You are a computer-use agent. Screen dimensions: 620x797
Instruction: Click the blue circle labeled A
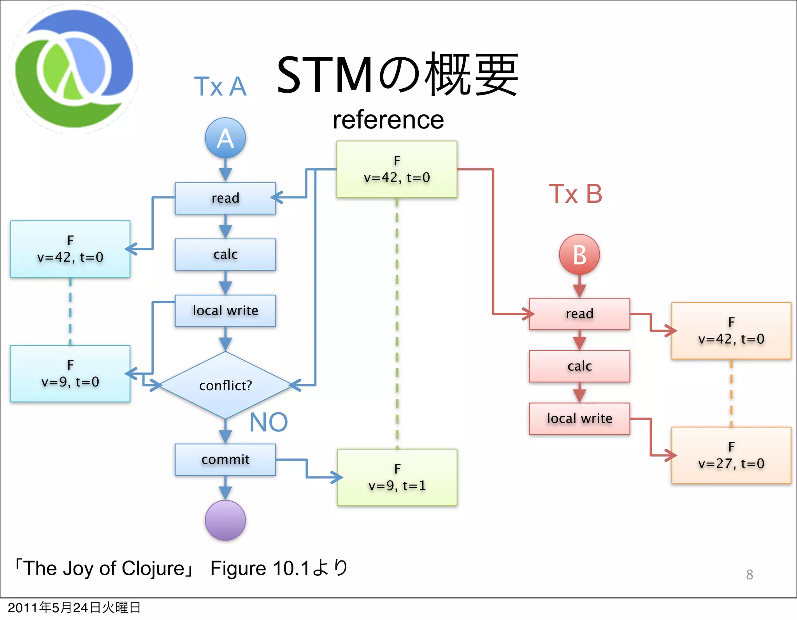coord(225,138)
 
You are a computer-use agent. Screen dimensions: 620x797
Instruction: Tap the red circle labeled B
coord(579,255)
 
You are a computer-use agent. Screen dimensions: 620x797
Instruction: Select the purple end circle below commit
coord(225,520)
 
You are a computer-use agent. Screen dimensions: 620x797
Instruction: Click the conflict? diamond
coord(225,385)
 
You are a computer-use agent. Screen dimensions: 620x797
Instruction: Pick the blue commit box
coord(225,460)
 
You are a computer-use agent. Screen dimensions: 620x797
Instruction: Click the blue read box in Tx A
coord(225,198)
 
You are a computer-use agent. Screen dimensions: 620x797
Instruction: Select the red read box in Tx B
coord(579,314)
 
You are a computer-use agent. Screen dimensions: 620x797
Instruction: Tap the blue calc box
coord(225,255)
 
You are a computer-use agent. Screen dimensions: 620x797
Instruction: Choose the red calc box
coord(579,366)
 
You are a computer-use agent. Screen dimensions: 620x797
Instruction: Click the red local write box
coord(579,418)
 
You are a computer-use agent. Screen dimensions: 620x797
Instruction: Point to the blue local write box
coord(225,311)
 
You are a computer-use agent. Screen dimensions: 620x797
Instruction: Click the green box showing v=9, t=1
coord(397,478)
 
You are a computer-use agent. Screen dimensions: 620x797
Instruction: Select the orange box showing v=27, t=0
coord(731,455)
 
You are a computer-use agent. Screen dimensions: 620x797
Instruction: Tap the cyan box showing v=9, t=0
coord(70,374)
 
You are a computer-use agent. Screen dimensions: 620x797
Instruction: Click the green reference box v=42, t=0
coord(397,169)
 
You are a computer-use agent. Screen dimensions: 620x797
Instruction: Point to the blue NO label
coord(269,422)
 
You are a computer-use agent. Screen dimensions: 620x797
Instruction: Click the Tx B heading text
coord(575,194)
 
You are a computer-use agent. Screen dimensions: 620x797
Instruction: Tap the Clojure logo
coord(74,69)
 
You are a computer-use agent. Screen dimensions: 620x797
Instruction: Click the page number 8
coord(749,575)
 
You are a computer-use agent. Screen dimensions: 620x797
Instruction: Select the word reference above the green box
coord(388,120)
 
